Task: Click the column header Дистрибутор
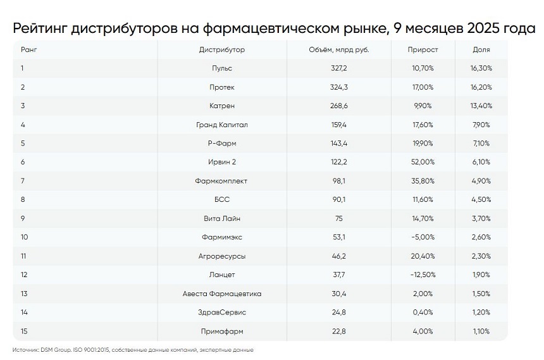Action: (221, 49)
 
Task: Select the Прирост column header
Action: (423, 49)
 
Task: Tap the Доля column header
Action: (481, 49)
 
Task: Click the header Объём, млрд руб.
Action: (338, 49)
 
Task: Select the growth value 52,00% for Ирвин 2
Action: (423, 162)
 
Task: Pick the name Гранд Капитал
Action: (221, 125)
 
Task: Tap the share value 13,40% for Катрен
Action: (481, 106)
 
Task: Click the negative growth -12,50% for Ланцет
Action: (423, 275)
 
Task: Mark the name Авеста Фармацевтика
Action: (221, 294)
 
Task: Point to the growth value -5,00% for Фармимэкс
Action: (423, 237)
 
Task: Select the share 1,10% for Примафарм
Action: (481, 332)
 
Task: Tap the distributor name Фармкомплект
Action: (221, 181)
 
